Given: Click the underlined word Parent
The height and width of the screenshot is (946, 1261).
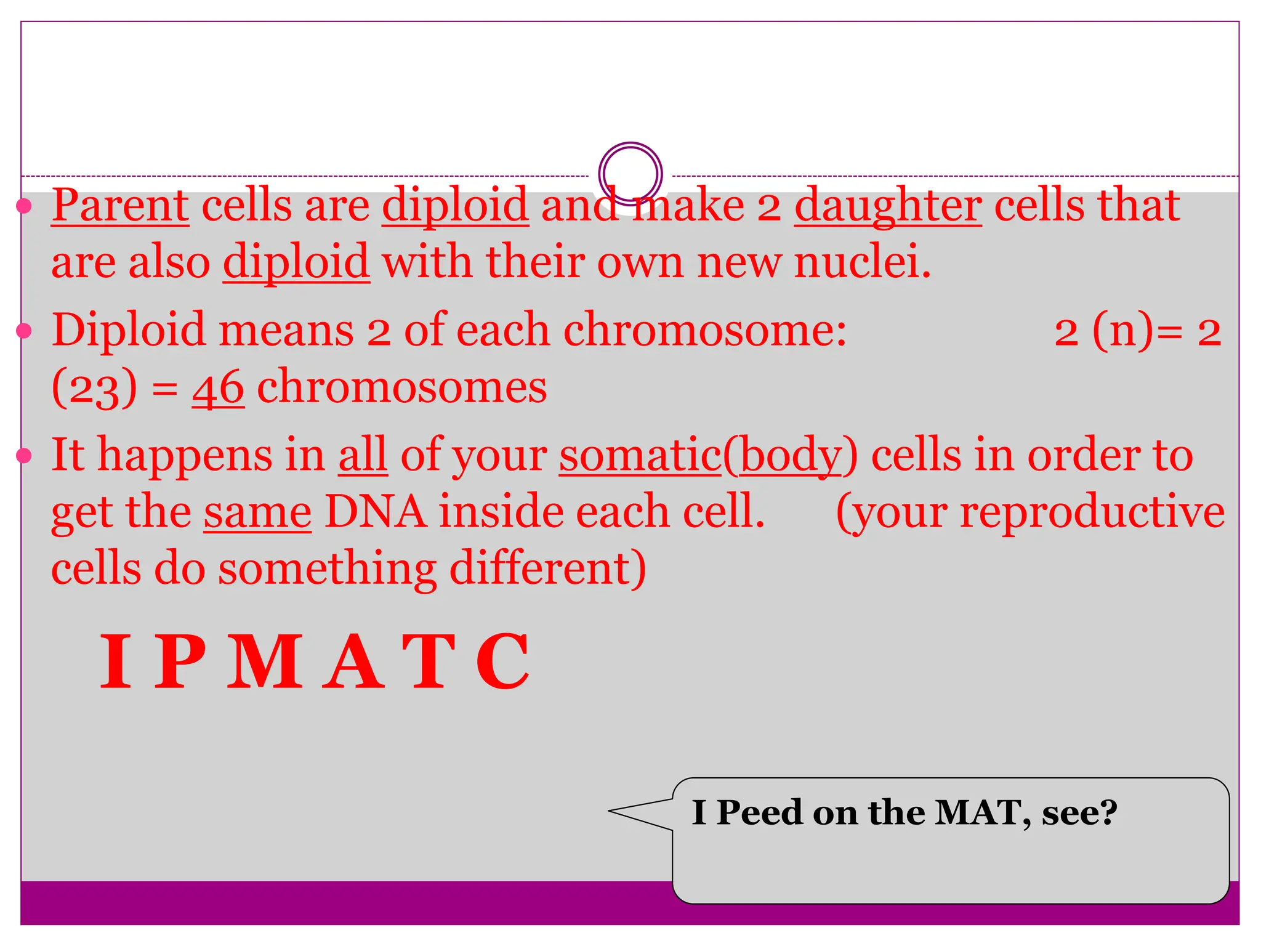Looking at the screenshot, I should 120,206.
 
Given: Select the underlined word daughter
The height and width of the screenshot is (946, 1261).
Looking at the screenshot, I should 887,207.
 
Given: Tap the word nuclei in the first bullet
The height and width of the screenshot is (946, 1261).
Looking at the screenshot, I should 862,262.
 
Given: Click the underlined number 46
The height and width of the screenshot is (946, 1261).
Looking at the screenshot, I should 218,389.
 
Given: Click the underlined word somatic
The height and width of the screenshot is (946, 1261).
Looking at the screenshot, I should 640,456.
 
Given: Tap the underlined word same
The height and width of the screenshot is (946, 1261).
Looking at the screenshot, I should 257,513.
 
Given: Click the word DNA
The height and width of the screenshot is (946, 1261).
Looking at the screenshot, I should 375,512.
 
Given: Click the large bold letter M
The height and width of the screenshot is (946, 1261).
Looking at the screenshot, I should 265,662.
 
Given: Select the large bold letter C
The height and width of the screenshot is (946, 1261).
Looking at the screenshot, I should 503,662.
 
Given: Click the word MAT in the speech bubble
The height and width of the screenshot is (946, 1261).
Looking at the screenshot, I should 981,813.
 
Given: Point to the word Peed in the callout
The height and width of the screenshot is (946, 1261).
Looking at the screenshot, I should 759,813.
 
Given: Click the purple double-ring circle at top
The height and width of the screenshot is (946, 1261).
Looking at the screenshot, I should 630,174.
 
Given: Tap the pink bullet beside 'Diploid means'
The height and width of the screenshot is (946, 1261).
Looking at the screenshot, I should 24,331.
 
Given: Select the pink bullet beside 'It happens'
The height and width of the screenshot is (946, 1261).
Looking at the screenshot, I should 24,456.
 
